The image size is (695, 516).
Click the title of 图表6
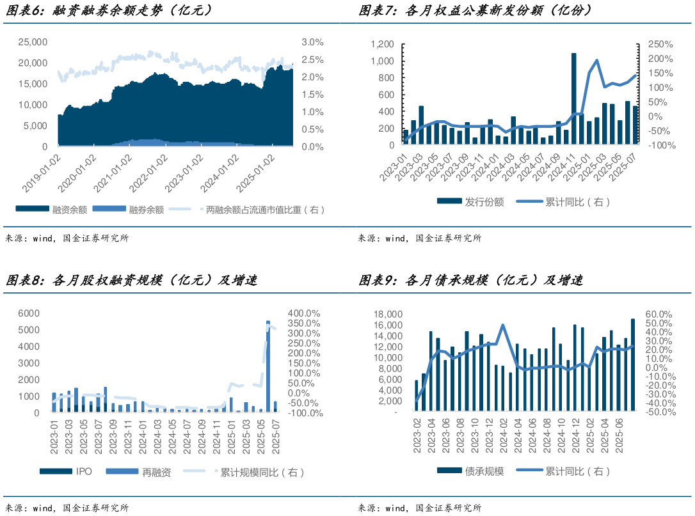tap(109, 11)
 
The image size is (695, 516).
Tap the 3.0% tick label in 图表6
tap(312, 42)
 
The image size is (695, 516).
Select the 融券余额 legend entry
tap(146, 209)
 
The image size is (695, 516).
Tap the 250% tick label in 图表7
tap(660, 44)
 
